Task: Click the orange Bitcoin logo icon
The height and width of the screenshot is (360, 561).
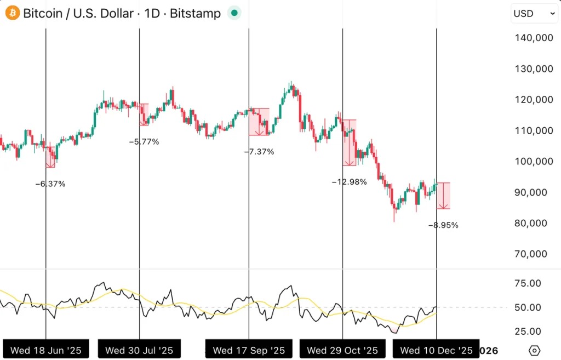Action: (x=13, y=13)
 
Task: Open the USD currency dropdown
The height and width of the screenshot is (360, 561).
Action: (x=534, y=14)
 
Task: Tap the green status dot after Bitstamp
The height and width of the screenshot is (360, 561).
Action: (x=234, y=13)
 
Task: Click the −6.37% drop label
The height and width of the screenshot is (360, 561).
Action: (x=50, y=184)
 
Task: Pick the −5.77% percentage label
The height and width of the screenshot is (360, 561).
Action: (x=144, y=142)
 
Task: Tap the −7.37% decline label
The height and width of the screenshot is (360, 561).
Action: (x=259, y=152)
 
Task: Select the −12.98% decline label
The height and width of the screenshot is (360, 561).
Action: (x=349, y=182)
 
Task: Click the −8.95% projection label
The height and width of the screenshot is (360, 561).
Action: (x=443, y=225)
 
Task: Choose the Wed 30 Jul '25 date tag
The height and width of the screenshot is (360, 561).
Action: (x=139, y=350)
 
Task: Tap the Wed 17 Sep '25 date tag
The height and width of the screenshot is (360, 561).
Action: (x=249, y=350)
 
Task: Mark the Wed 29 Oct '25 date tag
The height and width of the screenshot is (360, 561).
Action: (x=342, y=350)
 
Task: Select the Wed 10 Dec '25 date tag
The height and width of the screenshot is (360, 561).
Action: (x=436, y=350)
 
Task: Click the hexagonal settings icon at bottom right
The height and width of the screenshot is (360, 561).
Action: (x=535, y=350)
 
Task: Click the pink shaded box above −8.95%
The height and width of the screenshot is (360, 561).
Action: (x=444, y=196)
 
